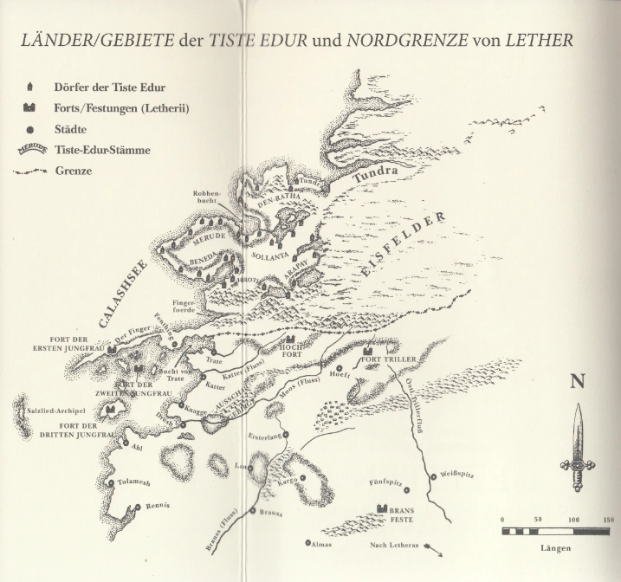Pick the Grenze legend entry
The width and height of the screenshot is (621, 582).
pyautogui.click(x=74, y=171)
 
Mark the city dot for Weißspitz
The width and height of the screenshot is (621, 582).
pyautogui.click(x=433, y=476)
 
